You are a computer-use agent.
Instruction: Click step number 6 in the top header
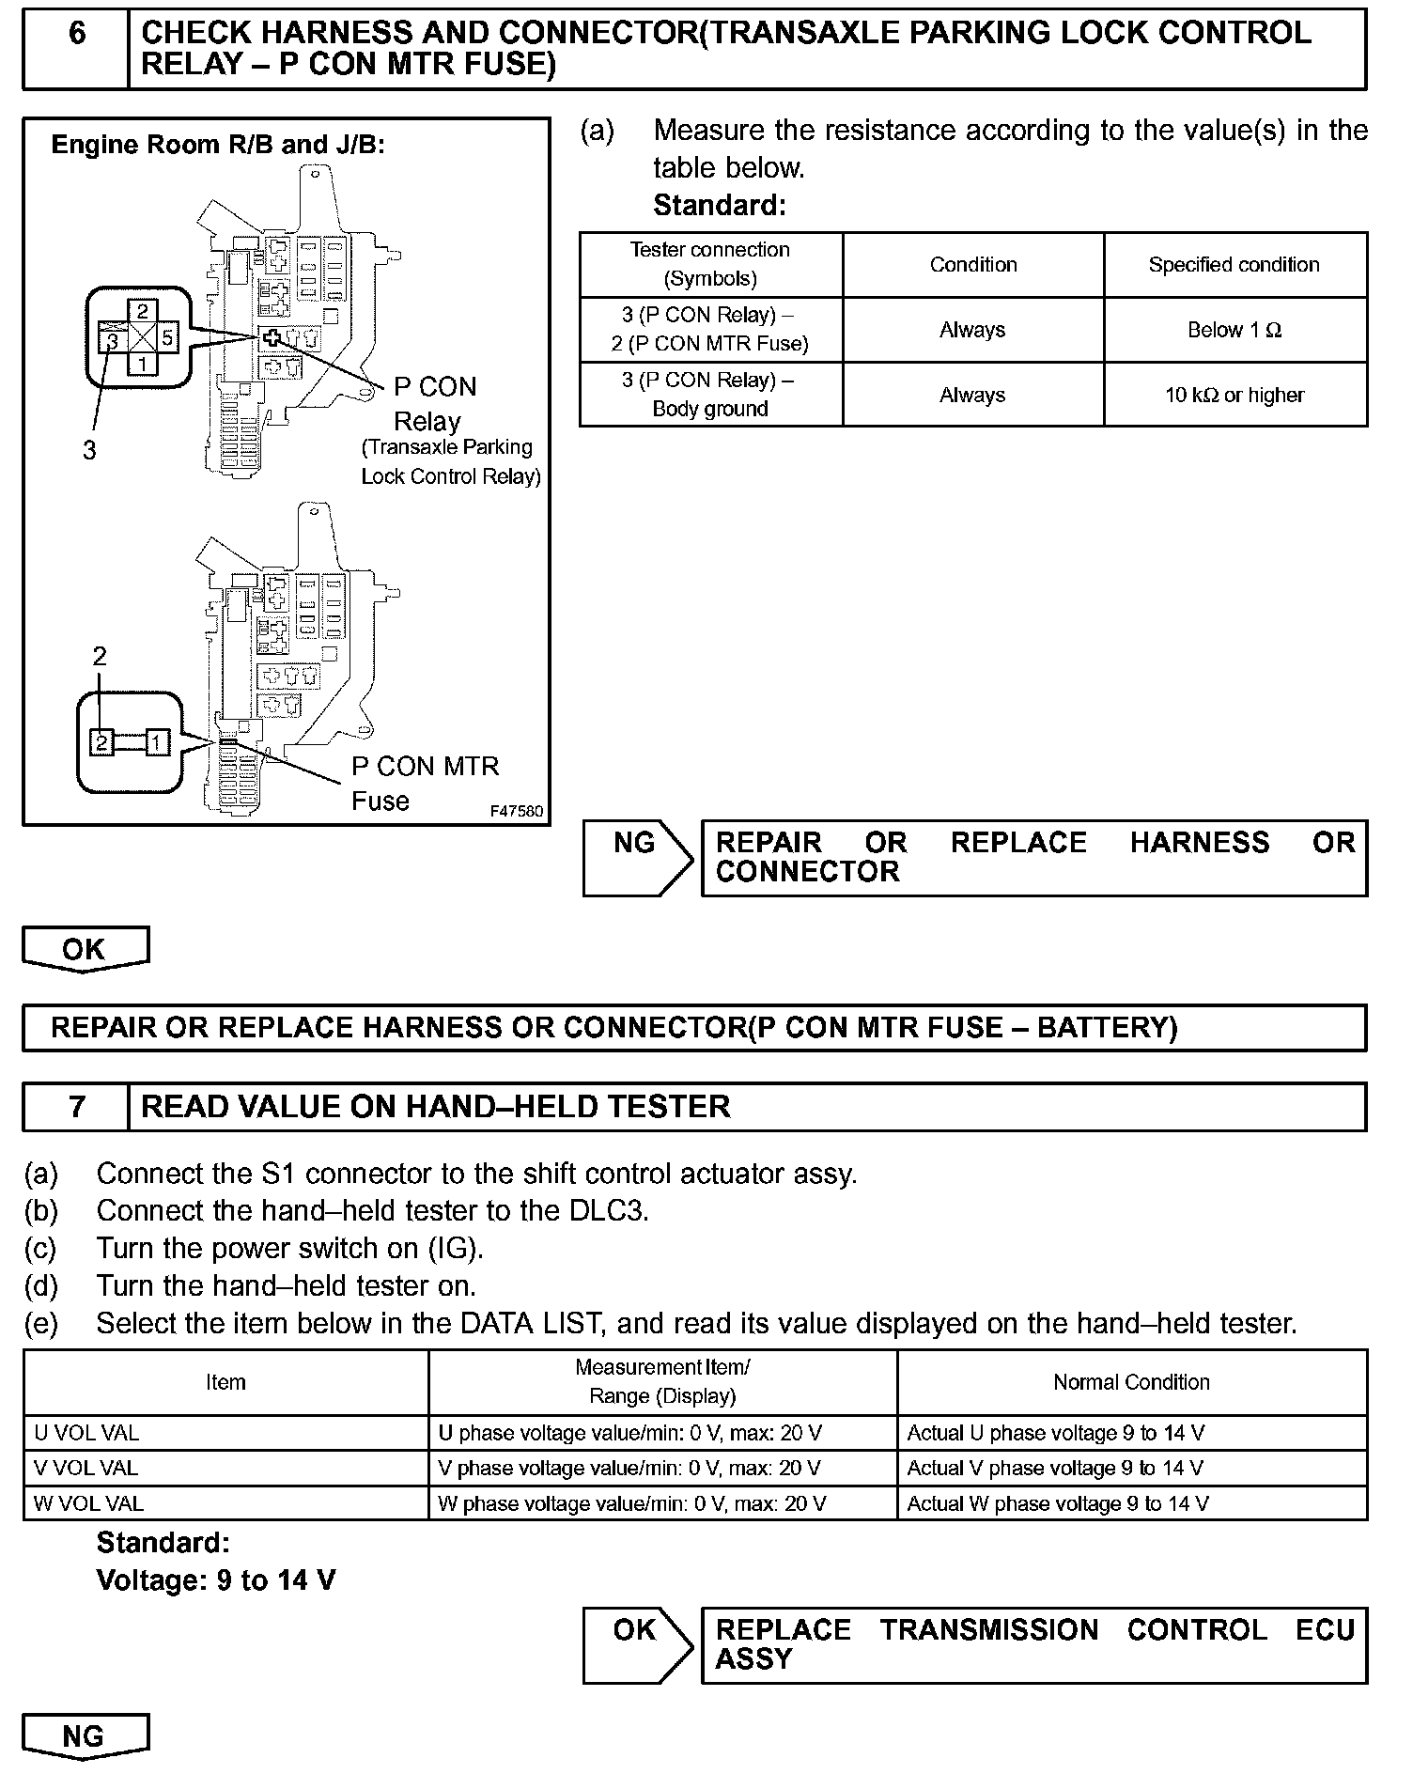[x=77, y=35]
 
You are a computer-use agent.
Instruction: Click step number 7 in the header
[x=77, y=1106]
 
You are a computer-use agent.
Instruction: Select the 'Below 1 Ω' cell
[x=1234, y=330]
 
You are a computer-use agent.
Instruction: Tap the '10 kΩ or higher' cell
[x=1234, y=395]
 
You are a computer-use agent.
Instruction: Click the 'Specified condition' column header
[x=1234, y=265]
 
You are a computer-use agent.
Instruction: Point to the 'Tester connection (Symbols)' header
[x=710, y=264]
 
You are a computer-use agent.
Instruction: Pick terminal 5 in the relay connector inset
[x=167, y=336]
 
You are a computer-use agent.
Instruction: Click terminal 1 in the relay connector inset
[x=142, y=363]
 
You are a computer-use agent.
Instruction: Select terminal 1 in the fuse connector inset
[x=157, y=742]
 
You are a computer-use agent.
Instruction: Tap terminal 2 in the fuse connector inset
[x=101, y=742]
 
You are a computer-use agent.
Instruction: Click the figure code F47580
[x=516, y=810]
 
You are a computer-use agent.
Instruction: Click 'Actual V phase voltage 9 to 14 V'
[x=1055, y=1468]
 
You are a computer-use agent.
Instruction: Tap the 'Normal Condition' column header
[x=1131, y=1382]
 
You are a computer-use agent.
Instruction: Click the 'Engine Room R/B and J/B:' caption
[x=218, y=145]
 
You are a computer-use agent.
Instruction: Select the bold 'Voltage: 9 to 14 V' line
[x=216, y=1580]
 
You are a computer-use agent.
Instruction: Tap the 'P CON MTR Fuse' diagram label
[x=425, y=783]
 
